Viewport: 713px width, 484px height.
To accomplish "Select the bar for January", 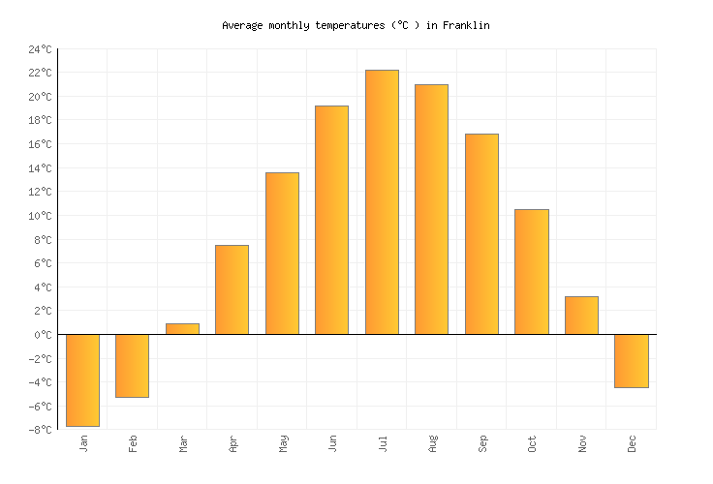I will pyautogui.click(x=82, y=379).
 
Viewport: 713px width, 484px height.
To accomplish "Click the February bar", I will pyautogui.click(x=132, y=365).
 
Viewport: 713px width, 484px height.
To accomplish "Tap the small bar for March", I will pyautogui.click(x=182, y=329).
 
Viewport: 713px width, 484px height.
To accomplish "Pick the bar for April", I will pyautogui.click(x=232, y=289).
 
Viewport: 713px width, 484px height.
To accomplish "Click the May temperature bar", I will pyautogui.click(x=282, y=254).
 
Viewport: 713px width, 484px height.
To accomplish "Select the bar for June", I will pyautogui.click(x=331, y=220).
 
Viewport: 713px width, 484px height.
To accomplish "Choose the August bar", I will pyautogui.click(x=431, y=209).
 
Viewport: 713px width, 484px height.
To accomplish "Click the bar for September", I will pyautogui.click(x=481, y=234).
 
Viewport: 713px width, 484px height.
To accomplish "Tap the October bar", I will pyautogui.click(x=531, y=272).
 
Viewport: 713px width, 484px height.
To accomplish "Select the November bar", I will pyautogui.click(x=581, y=316).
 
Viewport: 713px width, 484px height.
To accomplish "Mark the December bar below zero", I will pyautogui.click(x=631, y=360).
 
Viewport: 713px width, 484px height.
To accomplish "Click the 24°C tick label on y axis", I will pyautogui.click(x=40, y=49).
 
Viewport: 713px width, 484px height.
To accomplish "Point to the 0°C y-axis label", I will pyautogui.click(x=43, y=335).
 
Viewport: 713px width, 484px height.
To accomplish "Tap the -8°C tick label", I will pyautogui.click(x=40, y=430).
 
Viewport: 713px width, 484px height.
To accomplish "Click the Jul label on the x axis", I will pyautogui.click(x=383, y=444).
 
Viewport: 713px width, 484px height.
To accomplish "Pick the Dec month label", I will pyautogui.click(x=632, y=444).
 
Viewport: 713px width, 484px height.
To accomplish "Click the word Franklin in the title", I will pyautogui.click(x=466, y=26).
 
